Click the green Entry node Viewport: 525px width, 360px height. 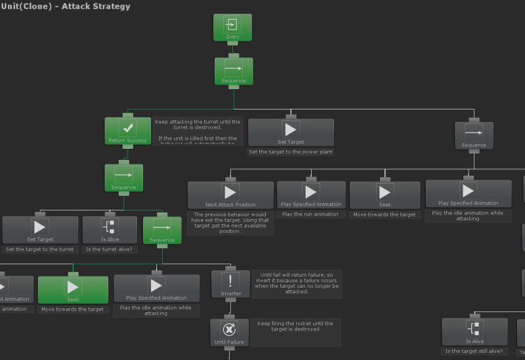[x=232, y=28]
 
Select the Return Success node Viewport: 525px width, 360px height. [x=123, y=131]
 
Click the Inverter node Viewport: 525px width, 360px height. [x=230, y=285]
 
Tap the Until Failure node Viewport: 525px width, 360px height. [x=230, y=332]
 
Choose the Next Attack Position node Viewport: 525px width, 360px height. [x=230, y=195]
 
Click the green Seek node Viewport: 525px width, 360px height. [x=73, y=290]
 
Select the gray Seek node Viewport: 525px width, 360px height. [x=385, y=195]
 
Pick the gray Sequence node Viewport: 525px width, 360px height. [x=474, y=136]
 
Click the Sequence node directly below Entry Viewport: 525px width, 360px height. [x=234, y=71]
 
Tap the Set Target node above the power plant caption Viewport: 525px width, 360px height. [x=291, y=132]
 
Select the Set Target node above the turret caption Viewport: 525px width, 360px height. [x=40, y=230]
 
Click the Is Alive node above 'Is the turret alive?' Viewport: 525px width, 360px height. [x=110, y=230]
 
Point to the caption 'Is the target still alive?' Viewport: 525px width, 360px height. [x=474, y=351]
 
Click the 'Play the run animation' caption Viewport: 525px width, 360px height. [x=310, y=214]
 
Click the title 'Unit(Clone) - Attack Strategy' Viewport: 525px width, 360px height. [x=66, y=7]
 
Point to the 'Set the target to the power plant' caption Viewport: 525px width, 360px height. [x=291, y=151]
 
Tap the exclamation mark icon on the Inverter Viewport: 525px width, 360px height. [x=230, y=281]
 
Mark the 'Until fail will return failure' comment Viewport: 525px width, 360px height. [x=297, y=283]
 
